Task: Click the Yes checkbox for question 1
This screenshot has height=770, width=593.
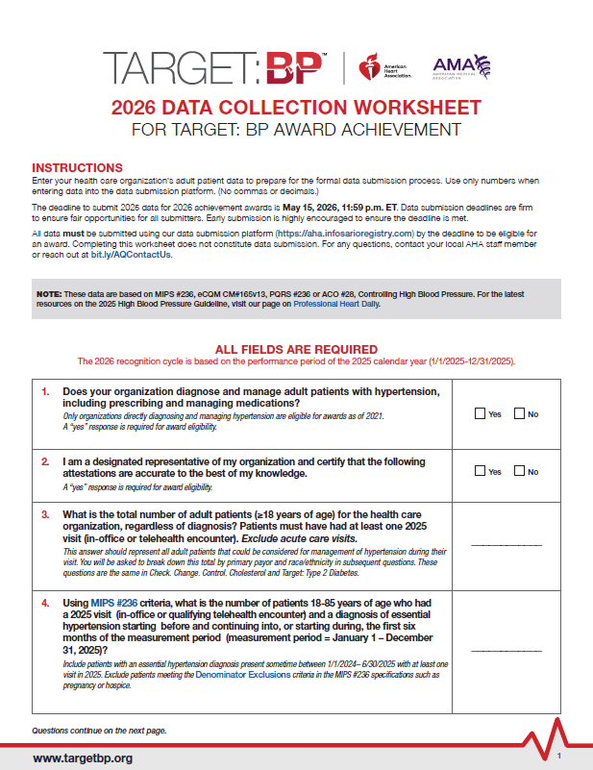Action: click(x=481, y=414)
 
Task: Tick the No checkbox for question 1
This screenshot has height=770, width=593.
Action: click(x=520, y=414)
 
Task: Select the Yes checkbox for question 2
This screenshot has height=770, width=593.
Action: click(x=481, y=471)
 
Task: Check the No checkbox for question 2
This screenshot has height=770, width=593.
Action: click(x=520, y=471)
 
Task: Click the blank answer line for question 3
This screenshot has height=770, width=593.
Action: click(x=507, y=544)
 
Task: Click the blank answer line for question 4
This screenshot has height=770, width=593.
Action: click(x=507, y=651)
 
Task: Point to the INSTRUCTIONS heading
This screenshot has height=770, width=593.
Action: click(x=77, y=167)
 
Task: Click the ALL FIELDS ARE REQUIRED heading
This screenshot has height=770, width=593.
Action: click(x=296, y=349)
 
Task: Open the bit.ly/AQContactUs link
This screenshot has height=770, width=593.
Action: click(x=144, y=255)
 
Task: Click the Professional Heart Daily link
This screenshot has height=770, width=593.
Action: click(x=336, y=304)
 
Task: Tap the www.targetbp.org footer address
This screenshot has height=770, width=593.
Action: click(x=83, y=758)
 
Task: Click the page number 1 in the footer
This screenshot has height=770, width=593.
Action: click(x=558, y=757)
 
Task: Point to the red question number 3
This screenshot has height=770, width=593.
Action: click(x=45, y=515)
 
